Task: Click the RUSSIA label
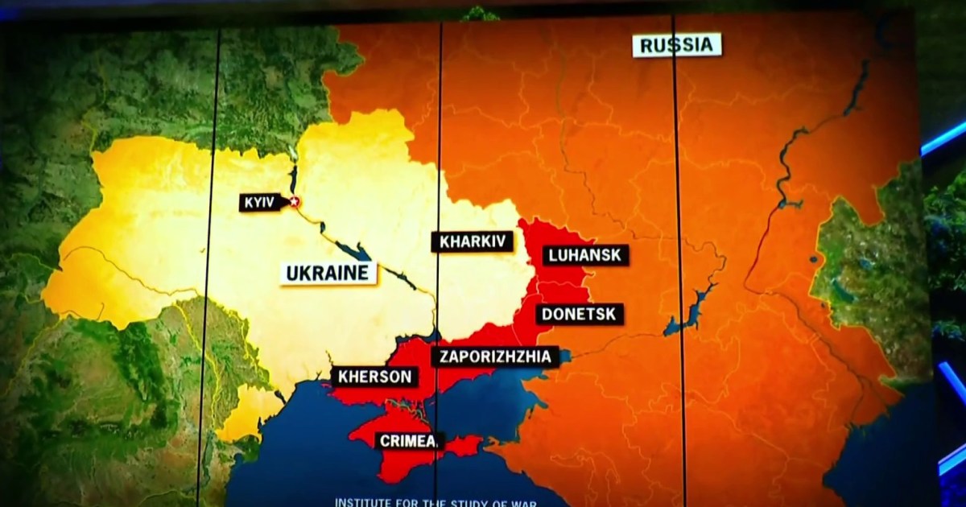click(677, 45)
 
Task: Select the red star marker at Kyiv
click(295, 201)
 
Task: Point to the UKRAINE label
click(329, 273)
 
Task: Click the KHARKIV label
click(473, 241)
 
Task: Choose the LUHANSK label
click(585, 256)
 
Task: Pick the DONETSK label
click(579, 315)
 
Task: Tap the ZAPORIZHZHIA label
click(495, 357)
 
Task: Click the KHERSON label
click(374, 377)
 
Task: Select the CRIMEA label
click(409, 440)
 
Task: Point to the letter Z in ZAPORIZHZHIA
click(441, 357)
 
